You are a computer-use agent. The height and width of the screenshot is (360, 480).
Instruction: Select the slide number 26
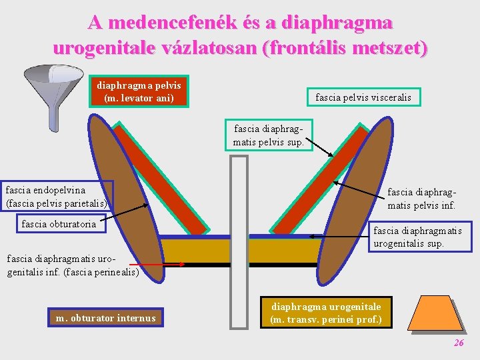point(459,343)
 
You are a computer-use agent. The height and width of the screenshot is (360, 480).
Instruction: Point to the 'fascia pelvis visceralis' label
point(363,97)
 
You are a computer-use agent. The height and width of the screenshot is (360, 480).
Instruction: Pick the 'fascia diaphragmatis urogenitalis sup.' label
point(417,237)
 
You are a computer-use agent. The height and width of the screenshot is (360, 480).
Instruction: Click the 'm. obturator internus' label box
point(105,318)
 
